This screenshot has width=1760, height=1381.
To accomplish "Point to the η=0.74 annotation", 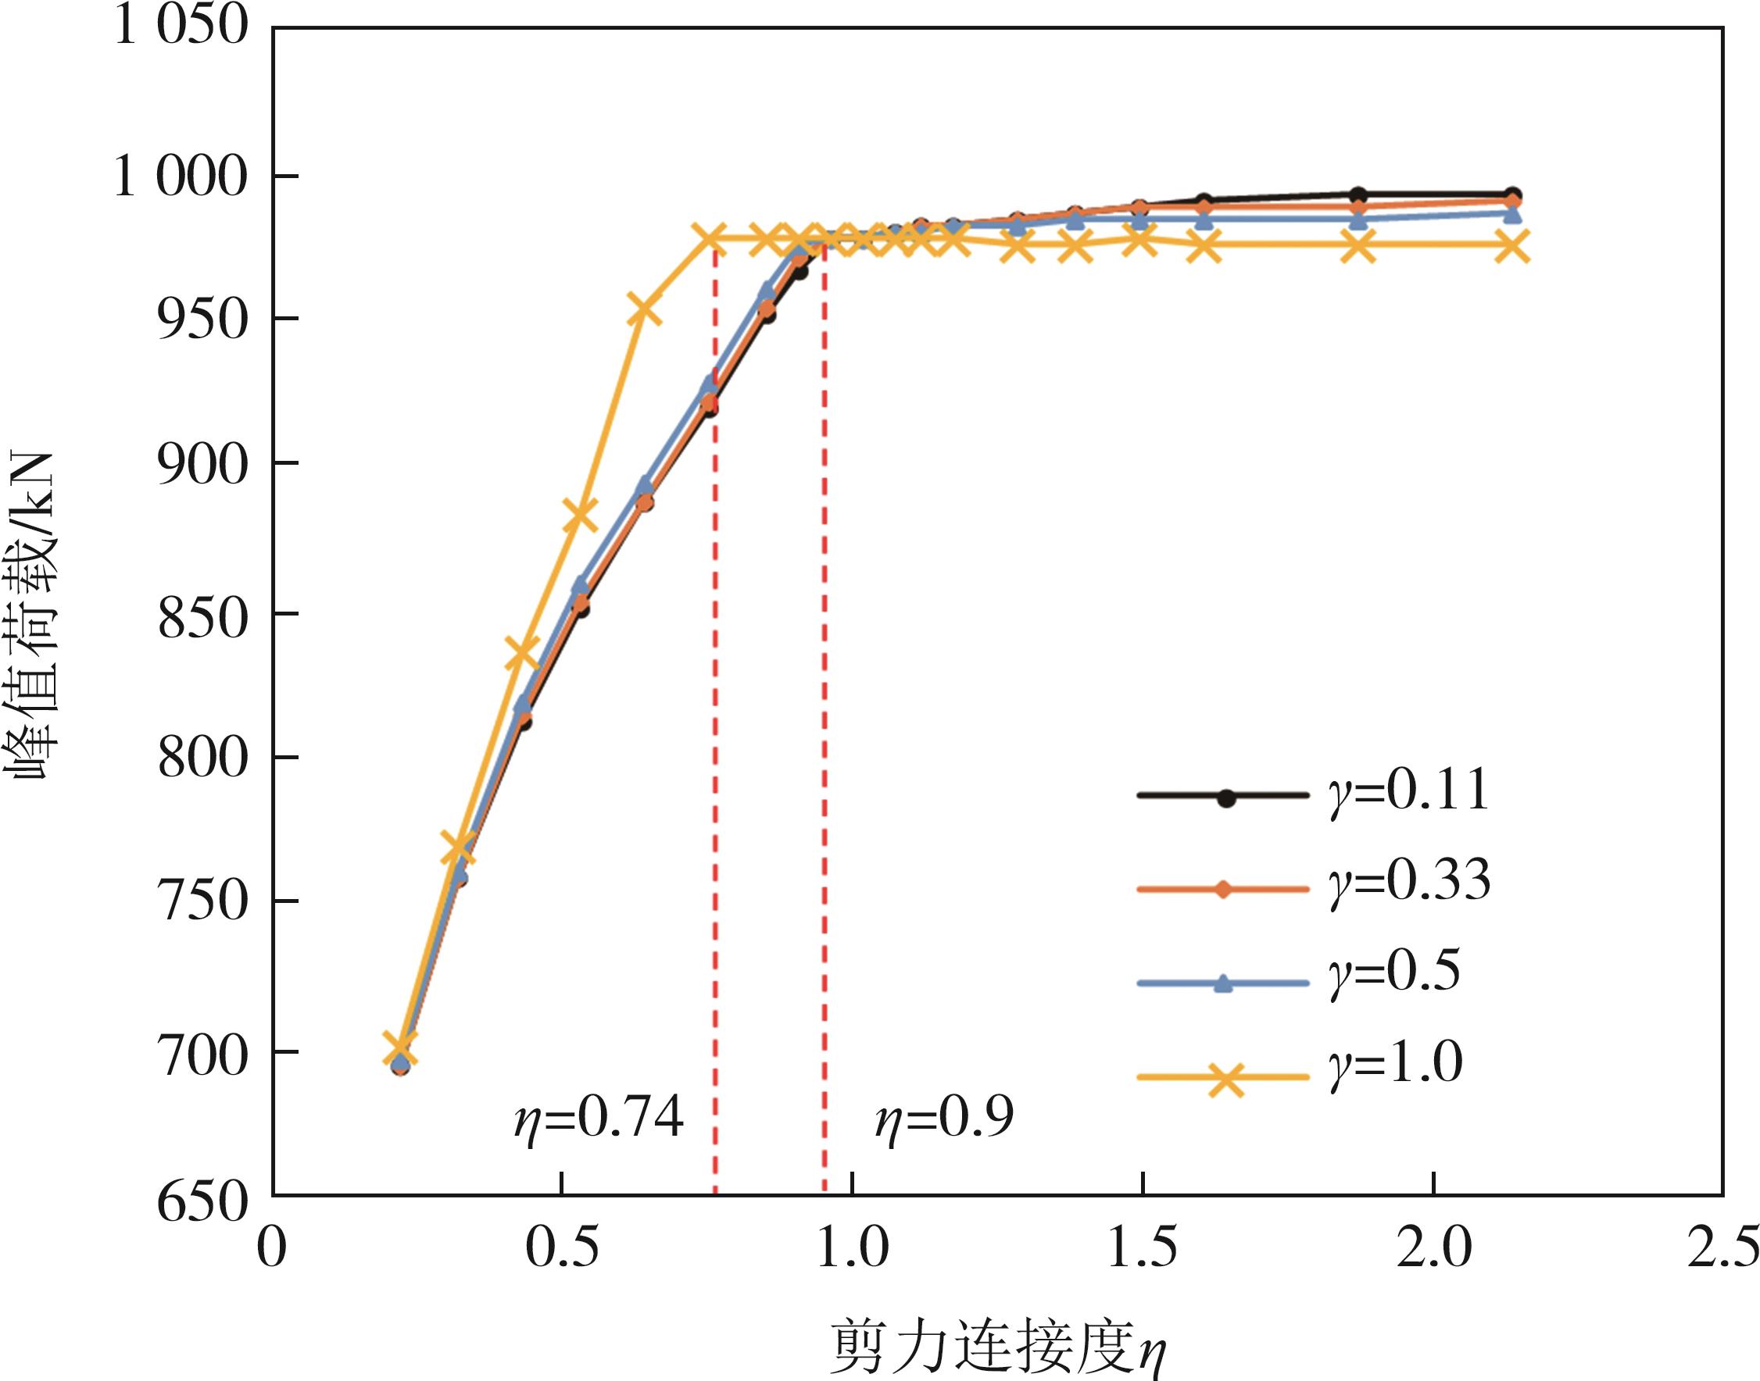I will (x=599, y=1119).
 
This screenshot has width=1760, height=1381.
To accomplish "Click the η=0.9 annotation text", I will (x=944, y=1119).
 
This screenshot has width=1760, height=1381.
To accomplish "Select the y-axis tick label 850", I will (x=201, y=620).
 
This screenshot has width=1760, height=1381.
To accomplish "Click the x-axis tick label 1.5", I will (x=1141, y=1247).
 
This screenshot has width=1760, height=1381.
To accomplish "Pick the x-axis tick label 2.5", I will (x=1722, y=1247).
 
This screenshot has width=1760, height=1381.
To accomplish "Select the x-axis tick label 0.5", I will (x=562, y=1247).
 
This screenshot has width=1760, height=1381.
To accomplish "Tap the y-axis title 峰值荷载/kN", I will (x=32, y=615).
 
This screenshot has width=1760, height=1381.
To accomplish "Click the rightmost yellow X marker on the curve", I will (x=1511, y=246).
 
